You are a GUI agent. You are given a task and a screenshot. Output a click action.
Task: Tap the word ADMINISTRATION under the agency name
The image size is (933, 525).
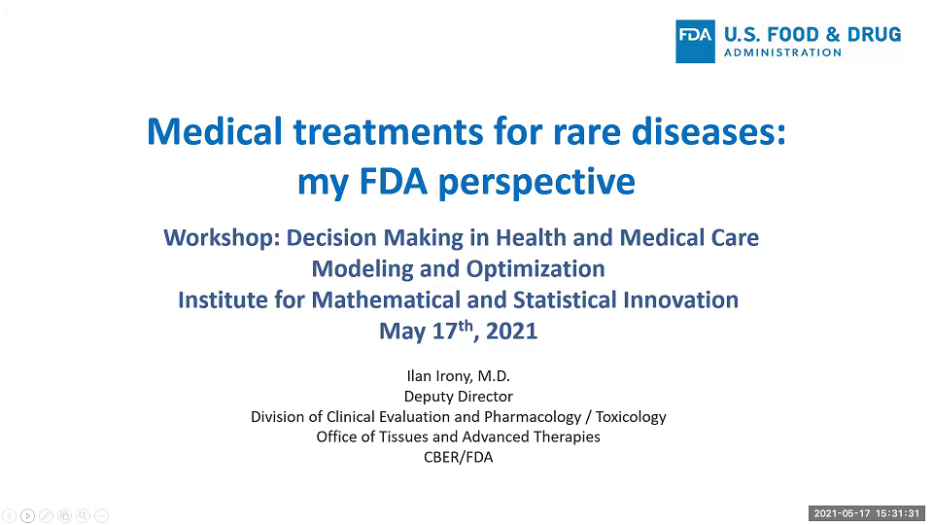[x=782, y=52]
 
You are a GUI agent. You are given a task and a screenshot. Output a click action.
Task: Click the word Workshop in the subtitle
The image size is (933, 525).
[x=221, y=237]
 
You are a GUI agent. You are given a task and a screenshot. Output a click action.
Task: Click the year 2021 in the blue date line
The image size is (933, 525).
[x=511, y=332]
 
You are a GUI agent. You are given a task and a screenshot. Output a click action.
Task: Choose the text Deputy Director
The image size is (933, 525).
[x=458, y=397]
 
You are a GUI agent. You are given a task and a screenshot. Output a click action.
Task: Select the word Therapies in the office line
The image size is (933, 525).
[x=567, y=437]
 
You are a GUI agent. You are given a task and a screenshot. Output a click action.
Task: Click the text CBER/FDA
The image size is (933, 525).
[x=458, y=457]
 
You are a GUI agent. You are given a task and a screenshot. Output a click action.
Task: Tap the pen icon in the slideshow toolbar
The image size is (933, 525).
[x=46, y=516]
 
